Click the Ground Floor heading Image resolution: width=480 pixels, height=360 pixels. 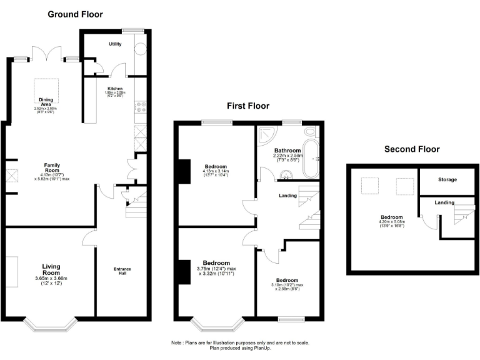(76, 14)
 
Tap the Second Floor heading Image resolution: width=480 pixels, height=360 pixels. (412, 149)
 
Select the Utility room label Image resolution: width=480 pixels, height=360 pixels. (115, 44)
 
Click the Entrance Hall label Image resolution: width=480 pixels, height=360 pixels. (122, 271)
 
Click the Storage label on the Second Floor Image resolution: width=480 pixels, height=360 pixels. (447, 180)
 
